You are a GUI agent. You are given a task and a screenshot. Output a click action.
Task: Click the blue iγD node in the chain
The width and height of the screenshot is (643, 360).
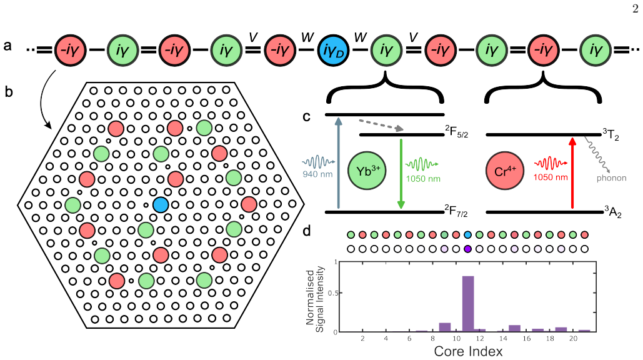point(334,51)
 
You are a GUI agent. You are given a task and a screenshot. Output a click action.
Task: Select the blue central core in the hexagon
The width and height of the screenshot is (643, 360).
point(161,204)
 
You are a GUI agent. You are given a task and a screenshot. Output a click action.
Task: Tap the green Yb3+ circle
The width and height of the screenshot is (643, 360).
point(367,171)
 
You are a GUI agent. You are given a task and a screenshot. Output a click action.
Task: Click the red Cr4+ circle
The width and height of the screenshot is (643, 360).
point(505,171)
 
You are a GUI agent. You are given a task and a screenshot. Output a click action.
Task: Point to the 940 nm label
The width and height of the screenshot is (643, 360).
point(317,174)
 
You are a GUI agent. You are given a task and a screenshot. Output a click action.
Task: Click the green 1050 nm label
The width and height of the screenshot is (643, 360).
point(423,179)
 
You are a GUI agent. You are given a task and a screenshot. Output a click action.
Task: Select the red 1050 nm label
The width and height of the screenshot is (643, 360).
point(551,177)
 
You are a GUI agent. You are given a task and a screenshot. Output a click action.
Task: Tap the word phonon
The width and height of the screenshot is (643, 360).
point(611,178)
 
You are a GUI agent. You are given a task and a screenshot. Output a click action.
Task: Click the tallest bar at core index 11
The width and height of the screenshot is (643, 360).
point(468,304)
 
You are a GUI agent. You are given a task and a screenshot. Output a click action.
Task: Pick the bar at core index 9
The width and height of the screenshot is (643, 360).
point(445,327)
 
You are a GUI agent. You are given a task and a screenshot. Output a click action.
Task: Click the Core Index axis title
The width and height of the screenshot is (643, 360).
point(468,351)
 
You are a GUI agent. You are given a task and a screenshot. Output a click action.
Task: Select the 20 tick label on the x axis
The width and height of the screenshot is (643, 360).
point(573,338)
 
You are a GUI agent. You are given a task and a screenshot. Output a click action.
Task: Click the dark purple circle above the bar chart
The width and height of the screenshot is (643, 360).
point(467,249)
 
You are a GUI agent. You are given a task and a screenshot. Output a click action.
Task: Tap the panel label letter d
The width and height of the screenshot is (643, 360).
point(307,231)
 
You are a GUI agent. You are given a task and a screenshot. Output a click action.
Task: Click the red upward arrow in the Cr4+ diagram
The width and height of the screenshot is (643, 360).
point(573,173)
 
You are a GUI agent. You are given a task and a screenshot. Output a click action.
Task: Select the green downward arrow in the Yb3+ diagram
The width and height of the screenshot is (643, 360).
point(401,174)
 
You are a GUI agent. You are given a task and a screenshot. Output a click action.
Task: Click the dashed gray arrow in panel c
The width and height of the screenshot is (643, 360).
point(381,125)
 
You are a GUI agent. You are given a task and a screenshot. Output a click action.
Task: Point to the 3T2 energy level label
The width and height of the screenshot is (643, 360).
point(611,134)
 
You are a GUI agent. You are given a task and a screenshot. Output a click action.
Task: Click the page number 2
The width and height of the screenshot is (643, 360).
point(636,9)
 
